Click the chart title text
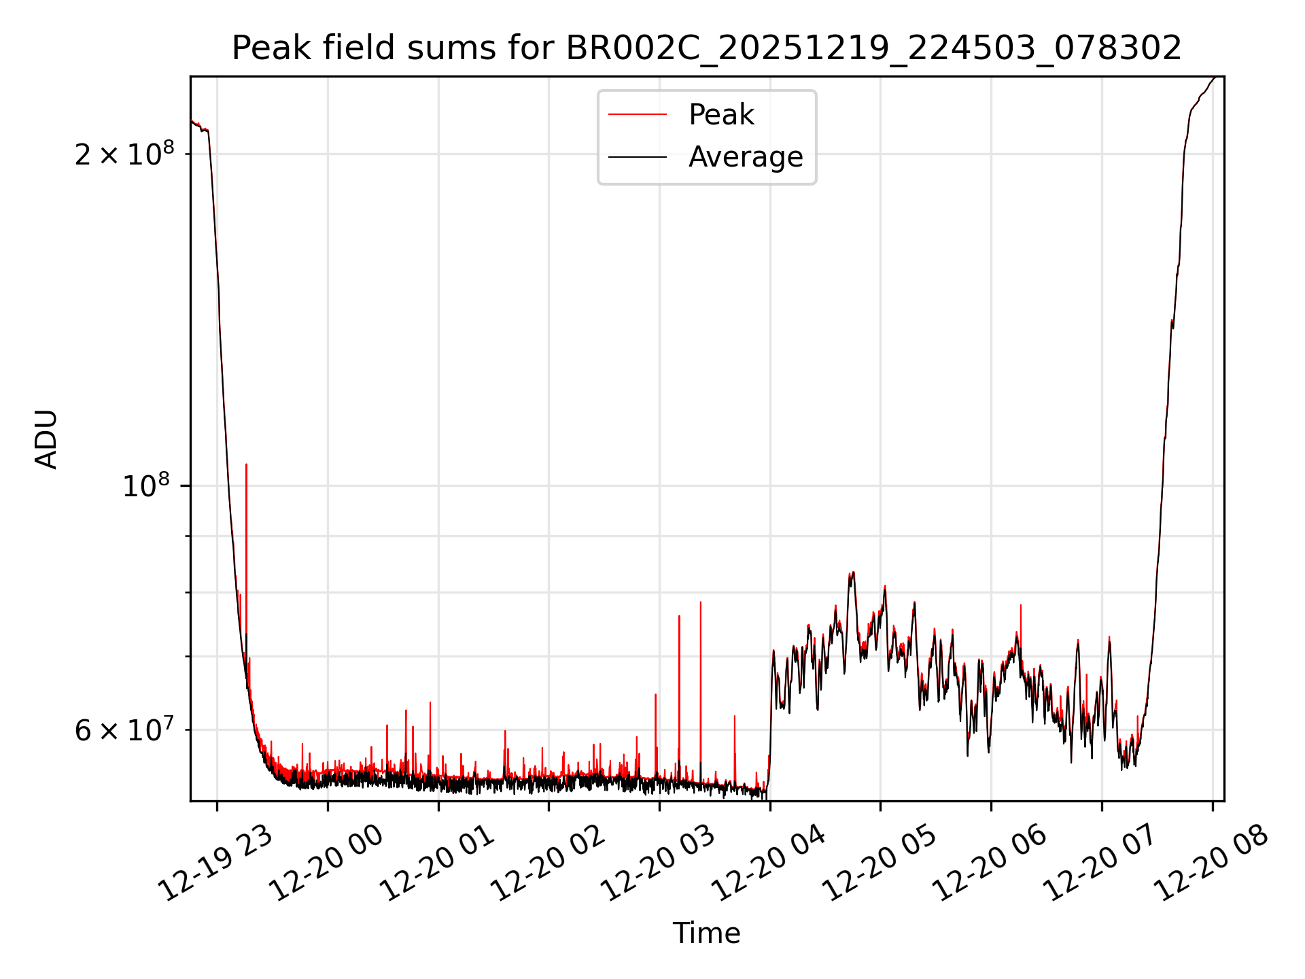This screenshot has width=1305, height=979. click(707, 49)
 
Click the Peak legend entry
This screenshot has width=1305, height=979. click(720, 115)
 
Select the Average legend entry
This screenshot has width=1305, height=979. click(745, 157)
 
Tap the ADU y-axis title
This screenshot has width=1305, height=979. click(46, 439)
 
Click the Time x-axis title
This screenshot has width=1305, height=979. click(706, 933)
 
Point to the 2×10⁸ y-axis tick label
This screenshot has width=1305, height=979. click(124, 154)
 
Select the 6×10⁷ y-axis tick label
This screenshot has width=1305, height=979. click(124, 730)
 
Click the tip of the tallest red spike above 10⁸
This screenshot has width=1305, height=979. click(246, 465)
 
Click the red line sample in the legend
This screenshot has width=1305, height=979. click(637, 115)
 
